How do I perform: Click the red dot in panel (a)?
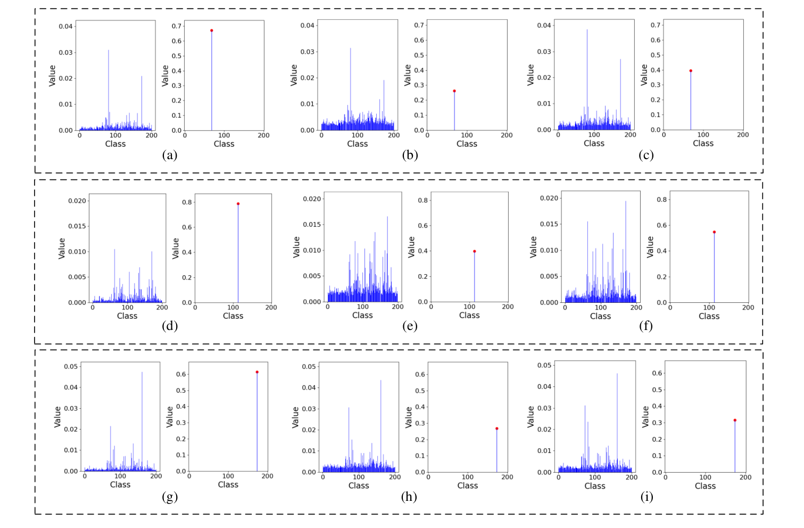point(211,30)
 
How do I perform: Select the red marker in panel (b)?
point(454,91)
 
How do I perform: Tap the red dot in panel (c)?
point(691,71)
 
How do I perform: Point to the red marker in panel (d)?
point(238,204)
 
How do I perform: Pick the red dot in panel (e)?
point(474,251)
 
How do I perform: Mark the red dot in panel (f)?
point(714,232)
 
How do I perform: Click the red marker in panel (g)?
point(257,372)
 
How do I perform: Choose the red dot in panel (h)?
point(496,428)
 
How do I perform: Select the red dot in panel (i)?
point(735,420)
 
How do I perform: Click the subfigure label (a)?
point(170,155)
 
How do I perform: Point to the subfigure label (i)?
point(646,497)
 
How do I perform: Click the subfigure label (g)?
point(170,497)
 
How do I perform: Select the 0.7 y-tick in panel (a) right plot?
point(176,26)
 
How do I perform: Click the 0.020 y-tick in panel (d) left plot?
point(77,201)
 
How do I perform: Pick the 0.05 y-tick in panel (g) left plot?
point(71,366)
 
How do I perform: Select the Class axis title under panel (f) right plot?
point(709,316)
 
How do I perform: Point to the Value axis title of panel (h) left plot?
point(296,417)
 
